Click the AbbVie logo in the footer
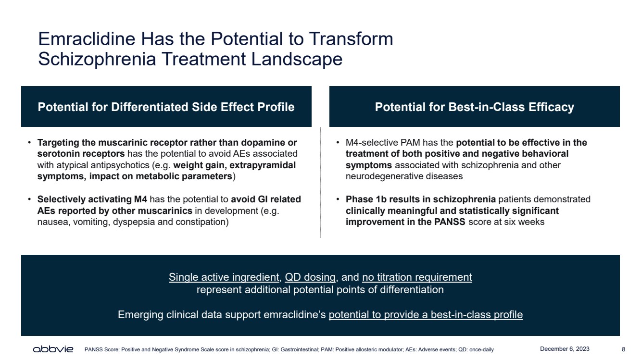click(x=53, y=349)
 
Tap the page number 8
click(x=624, y=349)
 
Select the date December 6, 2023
click(x=565, y=349)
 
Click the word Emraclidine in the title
click(x=87, y=39)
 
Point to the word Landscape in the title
click(x=297, y=59)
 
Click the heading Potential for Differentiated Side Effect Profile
click(x=166, y=107)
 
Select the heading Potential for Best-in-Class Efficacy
click(x=475, y=107)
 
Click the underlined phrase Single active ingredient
click(x=224, y=277)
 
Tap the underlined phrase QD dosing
click(x=310, y=277)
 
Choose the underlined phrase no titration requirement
click(x=417, y=277)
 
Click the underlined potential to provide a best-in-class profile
click(x=426, y=314)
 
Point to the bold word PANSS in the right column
click(x=450, y=222)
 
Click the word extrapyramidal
click(x=263, y=165)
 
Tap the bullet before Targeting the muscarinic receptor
click(x=29, y=142)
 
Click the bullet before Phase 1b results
click(x=338, y=199)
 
